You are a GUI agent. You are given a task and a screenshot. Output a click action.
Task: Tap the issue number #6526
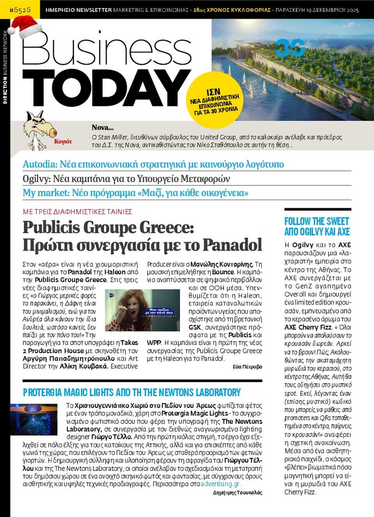click(x=19, y=9)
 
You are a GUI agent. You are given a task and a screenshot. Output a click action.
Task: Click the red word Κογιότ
click(x=63, y=142)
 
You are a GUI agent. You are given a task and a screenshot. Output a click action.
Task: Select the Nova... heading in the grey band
click(x=102, y=127)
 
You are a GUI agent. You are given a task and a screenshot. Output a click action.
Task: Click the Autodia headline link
click(x=153, y=164)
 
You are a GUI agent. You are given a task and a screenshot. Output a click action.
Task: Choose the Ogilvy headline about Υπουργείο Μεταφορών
click(x=126, y=179)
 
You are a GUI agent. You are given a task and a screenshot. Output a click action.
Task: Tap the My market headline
click(x=135, y=193)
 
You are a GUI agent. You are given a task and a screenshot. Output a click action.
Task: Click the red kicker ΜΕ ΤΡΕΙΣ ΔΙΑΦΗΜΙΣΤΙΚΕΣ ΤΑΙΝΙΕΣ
click(x=78, y=212)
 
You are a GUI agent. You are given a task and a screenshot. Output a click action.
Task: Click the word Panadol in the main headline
click(x=232, y=245)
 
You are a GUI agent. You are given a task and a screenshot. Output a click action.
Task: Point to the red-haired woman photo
click(x=142, y=310)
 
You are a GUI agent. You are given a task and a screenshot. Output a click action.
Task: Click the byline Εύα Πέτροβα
click(x=247, y=367)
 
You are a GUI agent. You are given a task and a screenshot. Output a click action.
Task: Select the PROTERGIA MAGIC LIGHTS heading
click(x=132, y=392)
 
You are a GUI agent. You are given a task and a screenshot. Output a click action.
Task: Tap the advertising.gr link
click(x=221, y=484)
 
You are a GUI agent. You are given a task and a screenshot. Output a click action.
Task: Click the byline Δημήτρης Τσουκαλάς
click(x=237, y=493)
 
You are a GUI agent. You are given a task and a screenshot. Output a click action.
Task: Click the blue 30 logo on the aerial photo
click(x=290, y=48)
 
